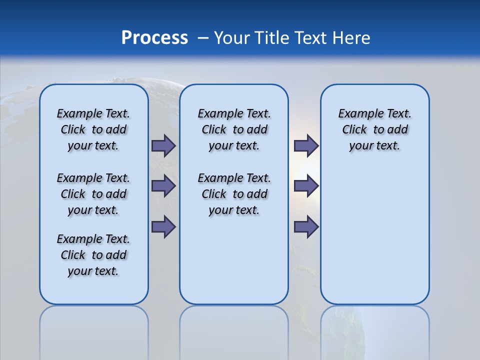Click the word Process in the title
click(154, 38)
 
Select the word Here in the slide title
click(352, 38)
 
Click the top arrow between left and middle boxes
click(163, 145)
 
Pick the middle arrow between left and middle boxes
click(163, 186)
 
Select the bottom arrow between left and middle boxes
click(163, 226)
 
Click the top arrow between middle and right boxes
click(306, 145)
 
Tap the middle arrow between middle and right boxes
click(306, 186)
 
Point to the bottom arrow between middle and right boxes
click(306, 226)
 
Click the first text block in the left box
click(93, 129)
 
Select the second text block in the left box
click(93, 194)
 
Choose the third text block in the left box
click(93, 255)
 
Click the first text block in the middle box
click(234, 129)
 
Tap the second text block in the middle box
click(234, 194)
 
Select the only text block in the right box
click(374, 129)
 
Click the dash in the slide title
click(203, 38)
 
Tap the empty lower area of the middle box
click(234, 260)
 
